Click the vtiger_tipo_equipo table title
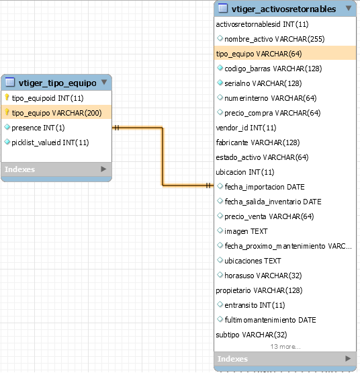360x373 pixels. (58, 83)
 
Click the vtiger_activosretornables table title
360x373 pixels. (283, 9)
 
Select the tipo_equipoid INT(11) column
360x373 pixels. (48, 98)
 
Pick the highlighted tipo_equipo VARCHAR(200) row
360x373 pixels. (56, 113)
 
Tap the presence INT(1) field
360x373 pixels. (38, 128)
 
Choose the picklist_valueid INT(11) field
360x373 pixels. (50, 142)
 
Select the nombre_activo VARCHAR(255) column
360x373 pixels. (275, 39)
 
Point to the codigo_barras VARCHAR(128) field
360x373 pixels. (273, 69)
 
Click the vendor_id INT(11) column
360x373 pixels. (246, 128)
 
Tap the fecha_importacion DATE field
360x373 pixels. (265, 187)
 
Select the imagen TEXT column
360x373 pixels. (246, 231)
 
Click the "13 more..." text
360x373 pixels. (285, 347)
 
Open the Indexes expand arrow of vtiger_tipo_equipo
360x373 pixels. (103, 169)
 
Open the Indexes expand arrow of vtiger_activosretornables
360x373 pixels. (348, 358)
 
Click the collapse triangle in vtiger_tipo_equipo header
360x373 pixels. (104, 82)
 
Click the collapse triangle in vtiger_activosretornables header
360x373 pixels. (349, 8)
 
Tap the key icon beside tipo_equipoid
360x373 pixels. (7, 97)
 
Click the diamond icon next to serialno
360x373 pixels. (220, 83)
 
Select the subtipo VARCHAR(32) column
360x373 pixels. (251, 335)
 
